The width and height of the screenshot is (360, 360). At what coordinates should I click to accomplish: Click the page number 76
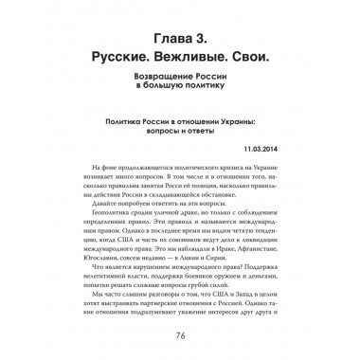pyautogui.click(x=179, y=333)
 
